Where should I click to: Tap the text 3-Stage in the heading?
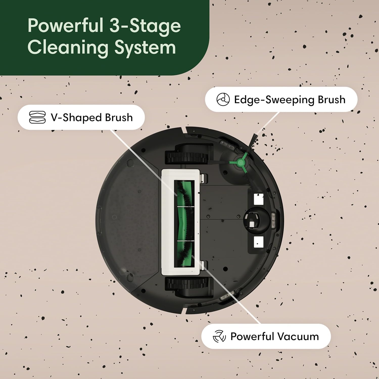tap(145, 26)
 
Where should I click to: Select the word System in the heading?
tap(145, 47)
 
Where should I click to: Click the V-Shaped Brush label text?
tap(92, 117)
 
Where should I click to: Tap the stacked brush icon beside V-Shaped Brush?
tap(37, 117)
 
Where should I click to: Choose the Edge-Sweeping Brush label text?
tap(290, 100)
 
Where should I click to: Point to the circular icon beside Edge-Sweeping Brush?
tap(223, 99)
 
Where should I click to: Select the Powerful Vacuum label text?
tap(274, 337)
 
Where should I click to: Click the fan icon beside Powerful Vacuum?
tap(219, 336)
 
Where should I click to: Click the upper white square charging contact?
tap(258, 199)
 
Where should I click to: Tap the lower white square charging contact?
tap(258, 242)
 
